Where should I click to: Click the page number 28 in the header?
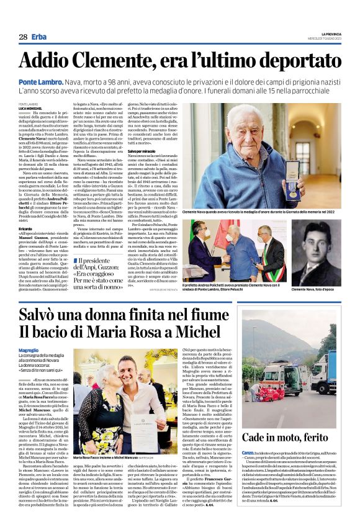(22, 37)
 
